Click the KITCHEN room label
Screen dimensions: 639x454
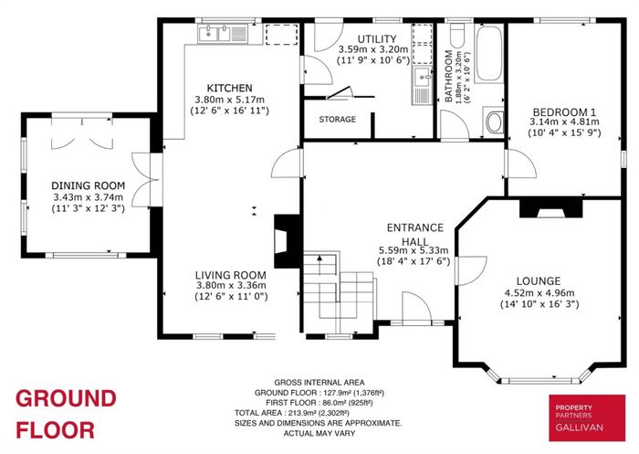[x=229, y=88]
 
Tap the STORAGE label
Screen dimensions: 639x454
[x=337, y=119]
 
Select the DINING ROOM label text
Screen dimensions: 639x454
[x=88, y=185]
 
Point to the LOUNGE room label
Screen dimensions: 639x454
[x=539, y=280]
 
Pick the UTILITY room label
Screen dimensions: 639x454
[x=376, y=39]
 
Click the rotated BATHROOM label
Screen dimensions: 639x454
[x=448, y=76]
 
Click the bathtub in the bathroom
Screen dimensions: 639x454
[x=489, y=54]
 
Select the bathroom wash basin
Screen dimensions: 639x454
[x=494, y=121]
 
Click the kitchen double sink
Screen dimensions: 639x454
[x=223, y=33]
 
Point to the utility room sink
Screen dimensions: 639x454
[x=422, y=85]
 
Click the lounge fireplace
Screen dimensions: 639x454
[x=551, y=207]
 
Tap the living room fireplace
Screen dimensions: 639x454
[x=288, y=240]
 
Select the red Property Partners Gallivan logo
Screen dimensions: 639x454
[x=587, y=417]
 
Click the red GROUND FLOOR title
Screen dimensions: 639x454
[x=66, y=414]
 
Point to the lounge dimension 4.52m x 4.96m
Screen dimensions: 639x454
[x=539, y=292]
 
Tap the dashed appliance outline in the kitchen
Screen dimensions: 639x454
[x=281, y=35]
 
